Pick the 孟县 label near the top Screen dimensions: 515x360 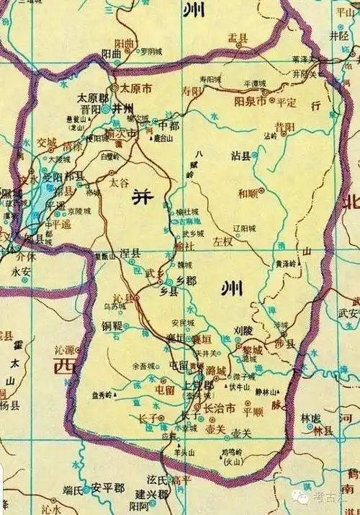click(238, 36)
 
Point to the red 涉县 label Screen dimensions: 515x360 click(287, 345)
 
